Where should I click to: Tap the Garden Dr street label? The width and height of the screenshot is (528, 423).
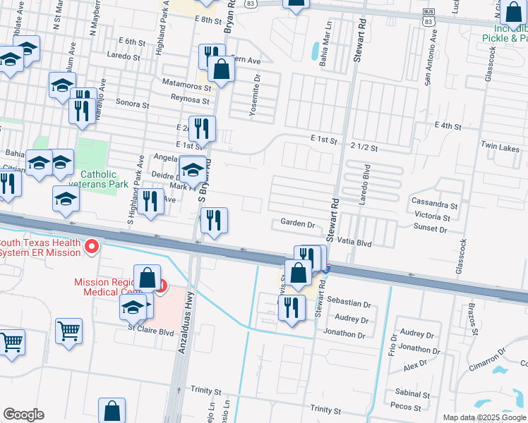pos(297,223)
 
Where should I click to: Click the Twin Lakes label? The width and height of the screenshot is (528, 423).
pos(500,148)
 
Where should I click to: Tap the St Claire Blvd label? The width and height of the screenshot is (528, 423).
pos(150,331)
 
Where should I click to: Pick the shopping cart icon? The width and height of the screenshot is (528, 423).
pos(68,330)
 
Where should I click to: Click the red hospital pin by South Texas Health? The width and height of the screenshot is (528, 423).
pos(91,247)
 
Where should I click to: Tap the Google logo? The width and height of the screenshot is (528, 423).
pos(23,415)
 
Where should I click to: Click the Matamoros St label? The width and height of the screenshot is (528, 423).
pos(186,88)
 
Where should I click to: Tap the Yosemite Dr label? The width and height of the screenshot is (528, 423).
pos(257,89)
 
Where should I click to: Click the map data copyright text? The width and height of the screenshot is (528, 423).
pos(484,417)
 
